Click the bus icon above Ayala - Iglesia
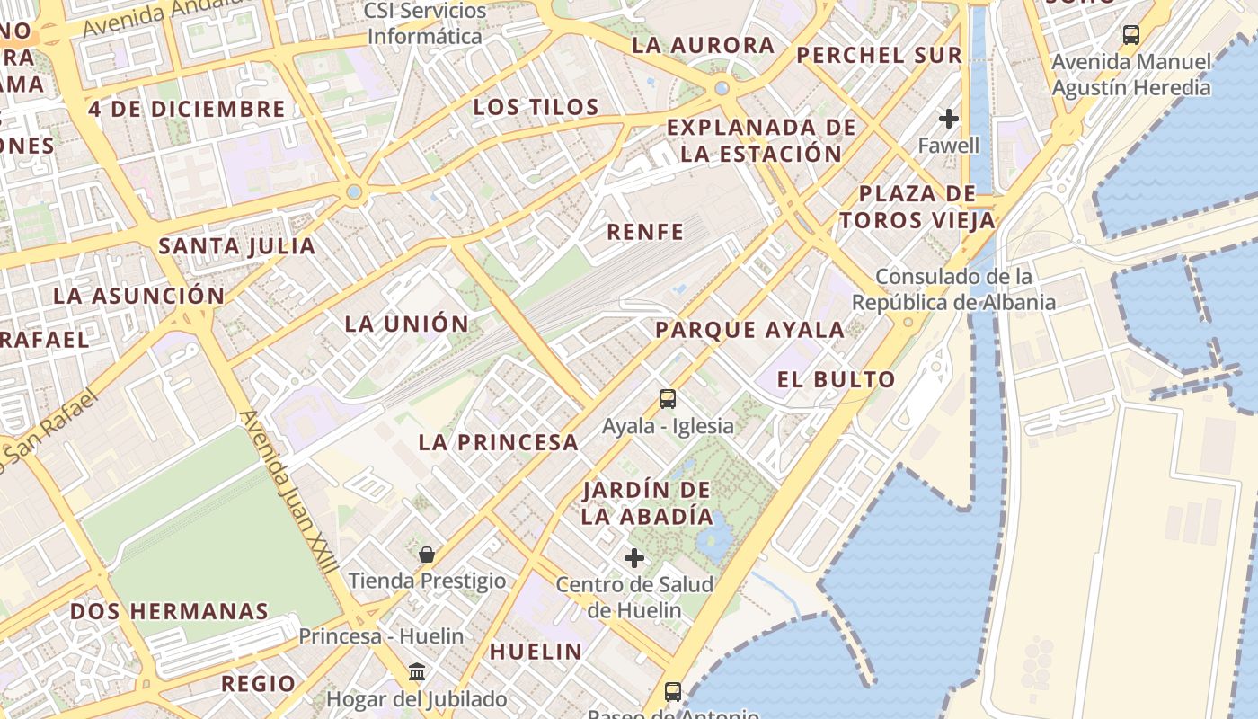point(667,399)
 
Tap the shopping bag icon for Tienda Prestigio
point(427,555)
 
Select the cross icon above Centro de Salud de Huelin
point(634,558)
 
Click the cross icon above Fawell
point(949,119)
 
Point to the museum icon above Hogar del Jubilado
point(417,671)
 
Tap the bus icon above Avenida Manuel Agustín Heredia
point(1131,35)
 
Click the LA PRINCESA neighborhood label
point(499,442)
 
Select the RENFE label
point(645,232)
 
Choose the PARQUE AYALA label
point(749,330)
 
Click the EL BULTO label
point(836,379)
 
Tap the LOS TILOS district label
point(536,107)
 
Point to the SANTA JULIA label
point(237,246)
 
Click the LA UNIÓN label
point(407,324)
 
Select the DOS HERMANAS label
point(169,611)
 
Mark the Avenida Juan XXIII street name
point(289,493)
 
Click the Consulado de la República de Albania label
point(953,289)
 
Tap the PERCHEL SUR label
point(879,55)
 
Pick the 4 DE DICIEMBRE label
point(187,110)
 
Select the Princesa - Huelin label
point(381,636)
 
